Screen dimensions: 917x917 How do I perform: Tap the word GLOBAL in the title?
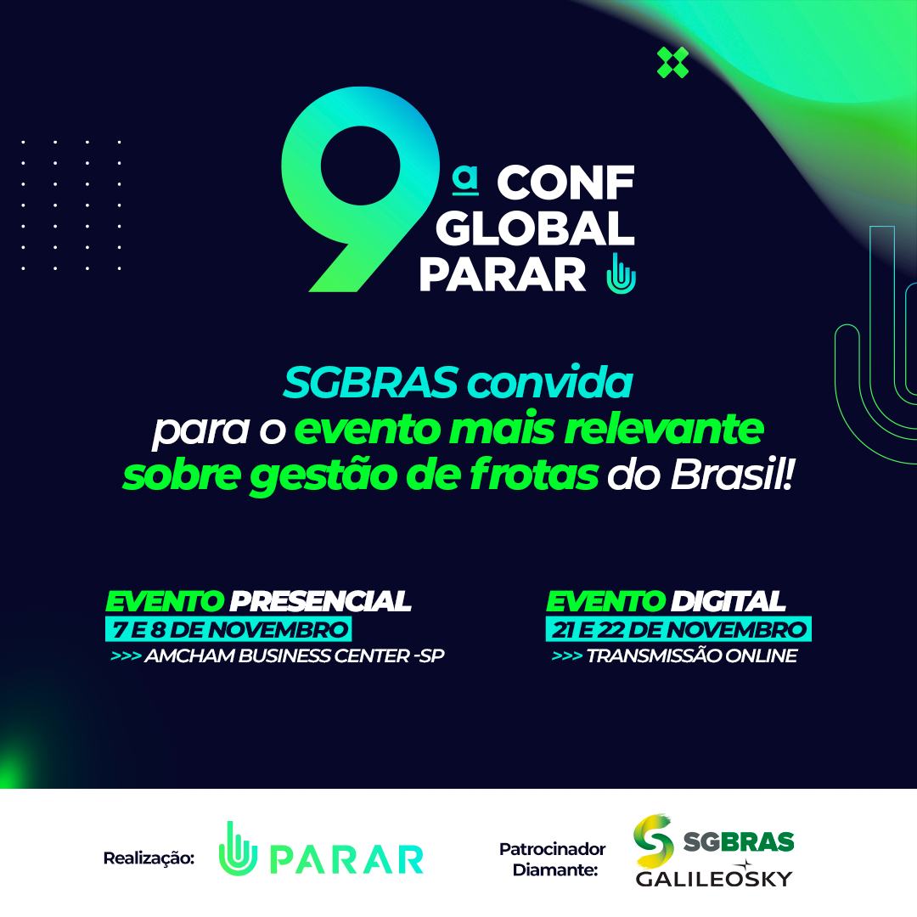click(535, 228)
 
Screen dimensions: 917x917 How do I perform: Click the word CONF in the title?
click(565, 183)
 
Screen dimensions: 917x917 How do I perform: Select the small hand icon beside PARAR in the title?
click(621, 273)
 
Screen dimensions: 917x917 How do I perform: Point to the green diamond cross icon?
click(672, 63)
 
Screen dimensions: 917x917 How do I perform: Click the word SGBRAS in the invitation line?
click(371, 383)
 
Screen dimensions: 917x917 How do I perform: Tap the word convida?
click(549, 383)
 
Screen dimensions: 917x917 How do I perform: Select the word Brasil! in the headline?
click(732, 474)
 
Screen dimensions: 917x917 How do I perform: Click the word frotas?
click(534, 474)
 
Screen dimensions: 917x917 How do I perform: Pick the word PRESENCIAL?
click(320, 601)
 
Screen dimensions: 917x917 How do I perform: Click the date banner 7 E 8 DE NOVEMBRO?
click(228, 629)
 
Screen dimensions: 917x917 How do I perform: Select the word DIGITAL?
click(729, 601)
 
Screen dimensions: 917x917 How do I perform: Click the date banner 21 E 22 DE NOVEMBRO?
click(678, 629)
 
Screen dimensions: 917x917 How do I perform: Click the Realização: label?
click(149, 858)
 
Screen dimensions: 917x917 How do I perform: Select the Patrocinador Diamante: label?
click(552, 859)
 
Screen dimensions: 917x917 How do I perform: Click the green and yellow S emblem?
click(654, 841)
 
